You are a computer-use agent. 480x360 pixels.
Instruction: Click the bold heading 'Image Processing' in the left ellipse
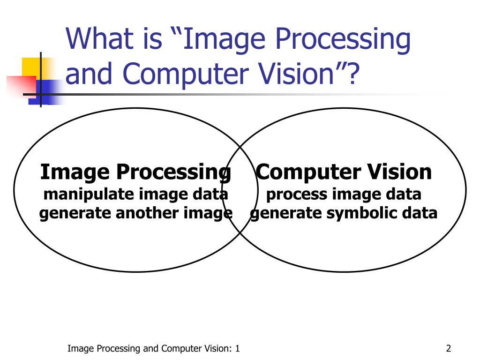pos(135,172)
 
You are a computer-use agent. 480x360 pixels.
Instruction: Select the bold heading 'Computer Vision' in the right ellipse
pos(344,172)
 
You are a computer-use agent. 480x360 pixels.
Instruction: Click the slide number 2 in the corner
pos(449,348)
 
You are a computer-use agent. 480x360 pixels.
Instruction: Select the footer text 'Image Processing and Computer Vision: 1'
pos(154,348)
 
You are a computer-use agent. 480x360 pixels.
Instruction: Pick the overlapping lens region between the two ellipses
pos(240,190)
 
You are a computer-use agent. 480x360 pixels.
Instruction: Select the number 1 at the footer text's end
pos(238,348)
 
